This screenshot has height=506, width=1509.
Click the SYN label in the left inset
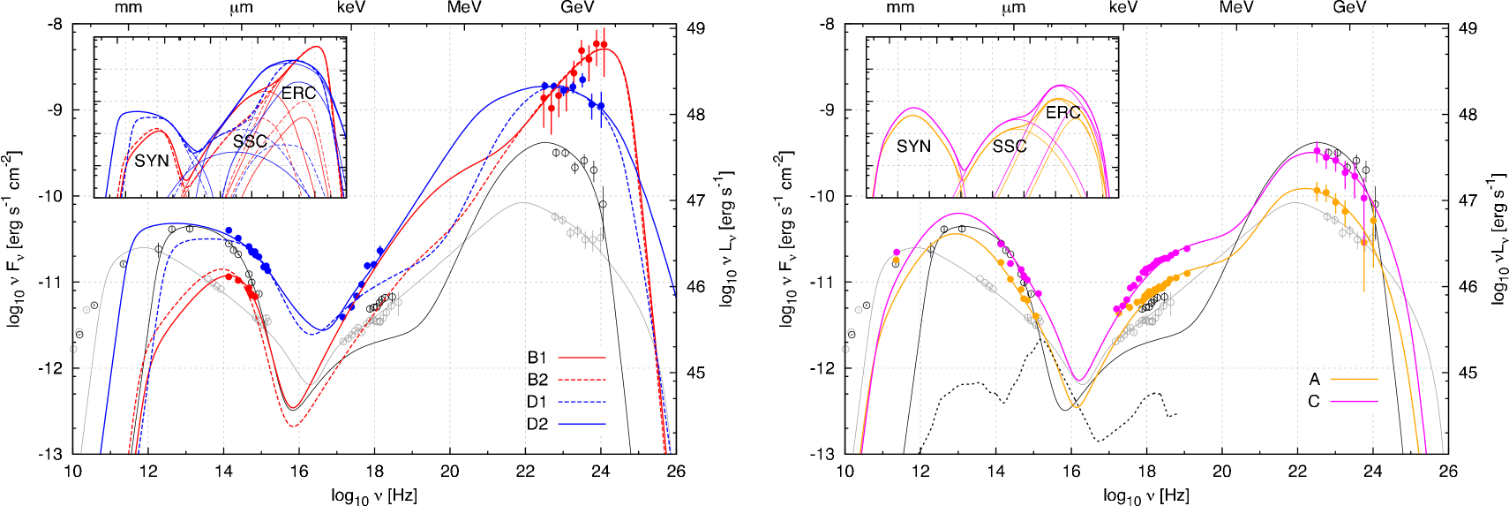[152, 161]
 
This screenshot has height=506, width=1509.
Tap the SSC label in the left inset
[250, 141]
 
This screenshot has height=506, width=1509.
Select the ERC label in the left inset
[298, 94]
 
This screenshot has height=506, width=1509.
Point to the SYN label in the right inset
[913, 147]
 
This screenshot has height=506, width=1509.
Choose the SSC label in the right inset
[1010, 147]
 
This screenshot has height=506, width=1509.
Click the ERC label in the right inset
[1062, 113]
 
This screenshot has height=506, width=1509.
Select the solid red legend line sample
[582, 358]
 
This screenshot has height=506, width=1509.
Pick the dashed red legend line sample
[582, 380]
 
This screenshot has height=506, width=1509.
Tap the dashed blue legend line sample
[582, 402]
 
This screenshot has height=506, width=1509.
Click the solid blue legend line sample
[582, 424]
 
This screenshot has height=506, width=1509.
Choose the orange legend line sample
[1354, 379]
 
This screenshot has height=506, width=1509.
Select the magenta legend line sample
[1354, 401]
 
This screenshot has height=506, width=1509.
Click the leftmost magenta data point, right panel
[897, 253]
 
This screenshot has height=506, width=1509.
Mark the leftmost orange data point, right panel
[897, 260]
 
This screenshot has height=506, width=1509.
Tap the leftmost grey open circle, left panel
[74, 349]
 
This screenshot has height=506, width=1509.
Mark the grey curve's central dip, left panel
[309, 384]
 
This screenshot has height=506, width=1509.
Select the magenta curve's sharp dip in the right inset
[965, 170]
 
